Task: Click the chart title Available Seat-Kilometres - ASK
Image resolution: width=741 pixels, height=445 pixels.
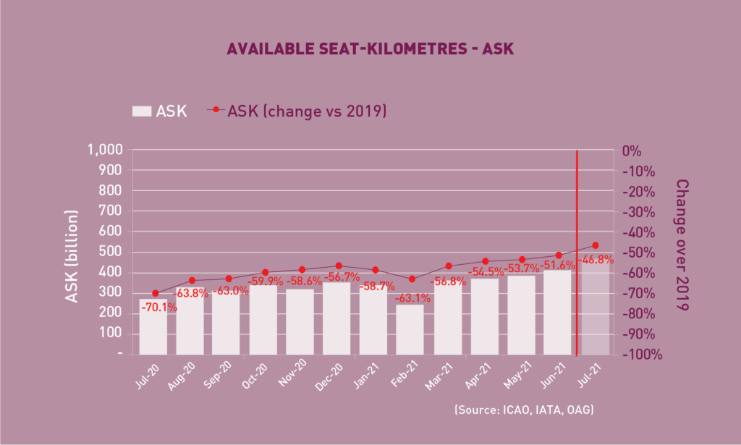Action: click(x=370, y=49)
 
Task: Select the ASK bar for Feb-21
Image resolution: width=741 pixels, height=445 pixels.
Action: click(x=410, y=330)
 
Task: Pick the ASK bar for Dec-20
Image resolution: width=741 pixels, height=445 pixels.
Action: click(x=337, y=318)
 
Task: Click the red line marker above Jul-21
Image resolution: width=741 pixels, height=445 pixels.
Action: click(x=596, y=245)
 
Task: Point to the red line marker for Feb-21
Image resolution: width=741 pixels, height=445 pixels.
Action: click(x=412, y=279)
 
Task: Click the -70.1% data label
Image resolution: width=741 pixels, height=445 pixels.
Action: click(x=158, y=308)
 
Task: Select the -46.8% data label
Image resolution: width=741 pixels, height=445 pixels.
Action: click(x=596, y=260)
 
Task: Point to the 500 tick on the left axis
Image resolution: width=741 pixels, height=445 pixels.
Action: click(x=112, y=253)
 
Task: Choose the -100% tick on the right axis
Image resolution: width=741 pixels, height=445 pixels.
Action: click(x=641, y=355)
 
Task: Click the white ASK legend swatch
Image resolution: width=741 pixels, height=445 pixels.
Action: click(x=142, y=111)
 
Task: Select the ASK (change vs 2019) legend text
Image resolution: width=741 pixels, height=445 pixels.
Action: click(x=307, y=111)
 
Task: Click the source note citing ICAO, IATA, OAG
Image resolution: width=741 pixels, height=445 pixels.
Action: click(x=524, y=410)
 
